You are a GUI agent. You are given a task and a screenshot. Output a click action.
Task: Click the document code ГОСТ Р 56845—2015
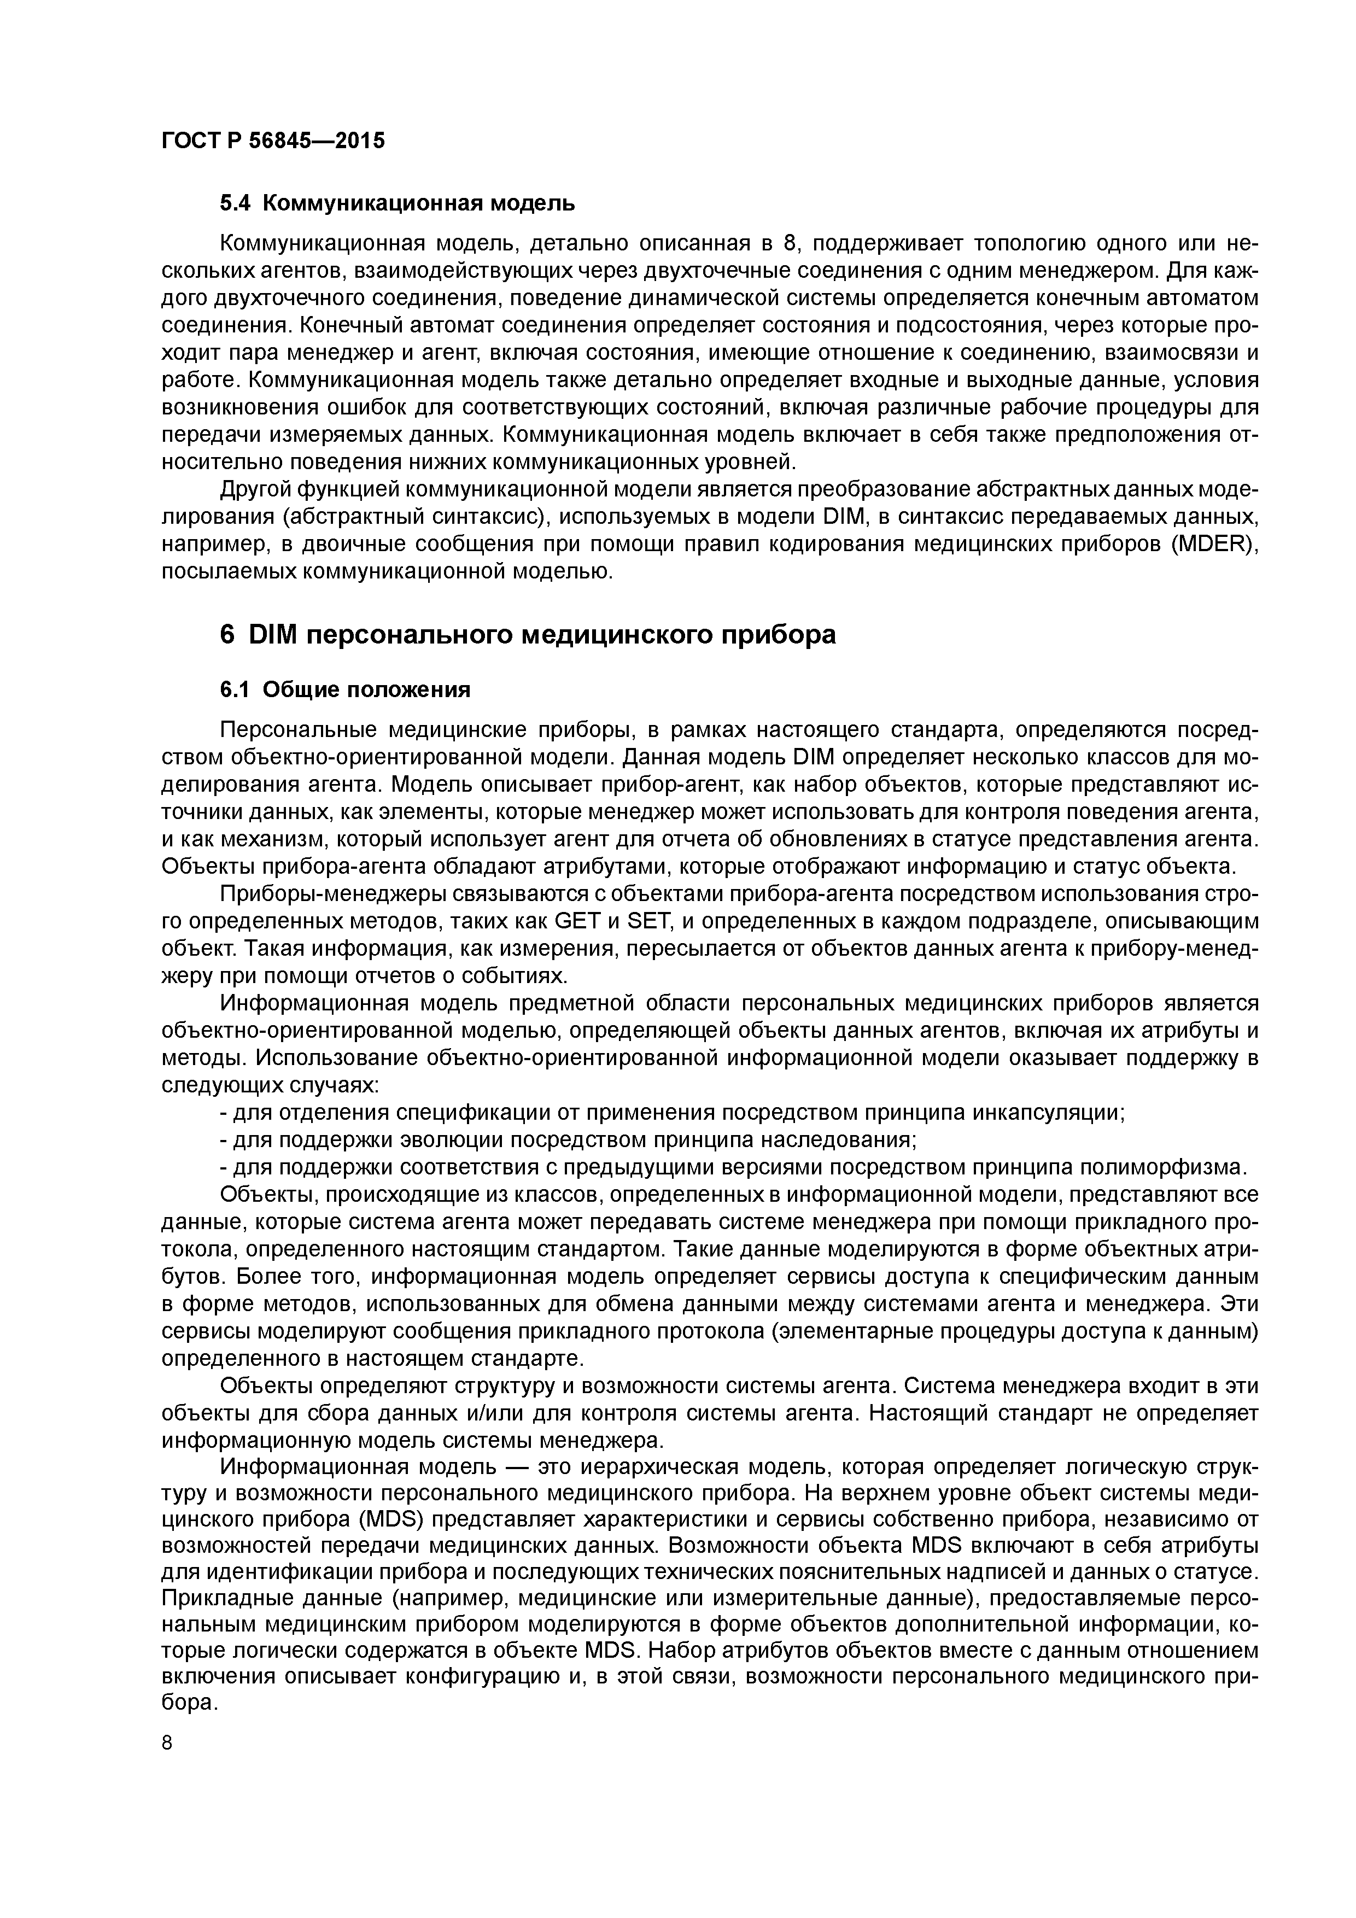[x=273, y=141]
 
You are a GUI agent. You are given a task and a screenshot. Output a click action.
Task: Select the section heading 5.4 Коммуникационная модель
[x=397, y=203]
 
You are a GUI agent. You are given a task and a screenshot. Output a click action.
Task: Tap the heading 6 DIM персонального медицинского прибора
[x=527, y=635]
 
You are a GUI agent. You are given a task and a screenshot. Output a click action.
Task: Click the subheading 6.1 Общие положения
[x=345, y=690]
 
